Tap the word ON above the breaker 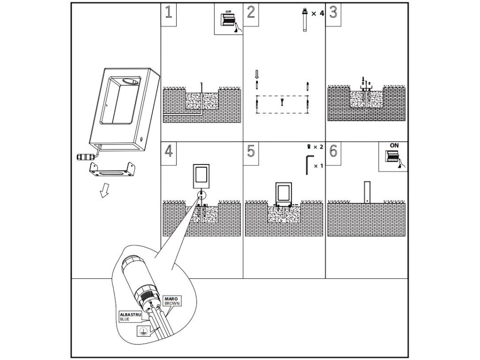tap(394, 146)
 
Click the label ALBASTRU tap(131, 315)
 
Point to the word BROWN tap(172, 303)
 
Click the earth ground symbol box tap(140, 331)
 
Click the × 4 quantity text tap(317, 13)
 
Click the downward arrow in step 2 tap(256, 75)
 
